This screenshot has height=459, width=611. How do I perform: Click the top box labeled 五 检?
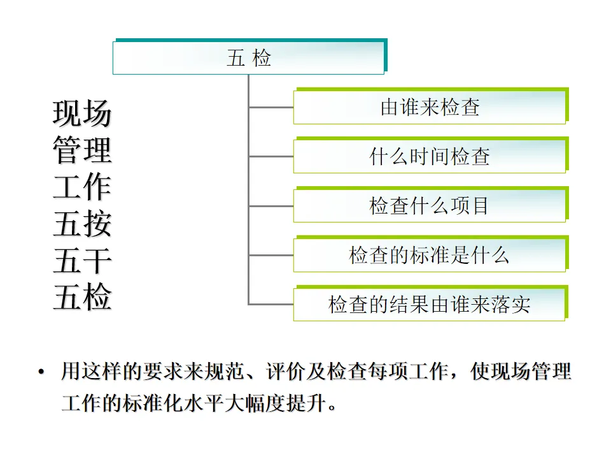pyautogui.click(x=249, y=58)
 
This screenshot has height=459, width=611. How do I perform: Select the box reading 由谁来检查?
pyautogui.click(x=430, y=107)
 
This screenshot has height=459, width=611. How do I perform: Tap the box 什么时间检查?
pyautogui.click(x=430, y=156)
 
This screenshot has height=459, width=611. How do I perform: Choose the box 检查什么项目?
pyautogui.click(x=430, y=206)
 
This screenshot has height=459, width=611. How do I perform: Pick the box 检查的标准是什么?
pyautogui.click(x=430, y=255)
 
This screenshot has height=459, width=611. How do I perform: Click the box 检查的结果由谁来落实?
pyautogui.click(x=430, y=305)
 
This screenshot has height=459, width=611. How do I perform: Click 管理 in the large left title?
pyautogui.click(x=82, y=151)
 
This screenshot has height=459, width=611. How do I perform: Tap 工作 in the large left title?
pyautogui.click(x=82, y=187)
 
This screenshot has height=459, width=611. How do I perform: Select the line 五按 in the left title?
pyautogui.click(x=82, y=224)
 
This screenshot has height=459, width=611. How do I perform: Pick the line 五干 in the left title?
pyautogui.click(x=82, y=261)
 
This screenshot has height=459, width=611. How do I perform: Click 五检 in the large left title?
pyautogui.click(x=82, y=298)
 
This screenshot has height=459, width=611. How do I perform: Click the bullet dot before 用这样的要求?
pyautogui.click(x=41, y=372)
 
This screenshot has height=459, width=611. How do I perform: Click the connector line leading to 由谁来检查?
pyautogui.click(x=270, y=107)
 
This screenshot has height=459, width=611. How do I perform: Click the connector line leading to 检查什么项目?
pyautogui.click(x=270, y=206)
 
